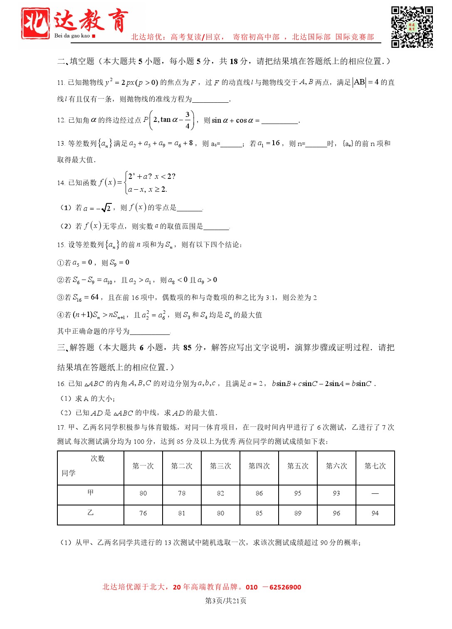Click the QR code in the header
tap(412, 27)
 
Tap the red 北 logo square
tap(36, 23)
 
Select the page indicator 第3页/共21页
tap(226, 600)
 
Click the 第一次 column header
tap(143, 466)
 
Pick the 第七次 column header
tap(375, 466)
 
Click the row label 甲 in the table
tap(91, 493)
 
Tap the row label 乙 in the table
tap(91, 513)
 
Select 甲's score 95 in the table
tap(298, 493)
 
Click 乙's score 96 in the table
tap(336, 513)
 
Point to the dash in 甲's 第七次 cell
tap(375, 493)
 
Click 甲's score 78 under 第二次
tap(182, 493)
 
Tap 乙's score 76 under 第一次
tap(143, 513)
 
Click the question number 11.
tap(61, 82)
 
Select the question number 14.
tap(61, 183)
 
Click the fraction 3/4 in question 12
tap(188, 120)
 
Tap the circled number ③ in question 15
tap(60, 297)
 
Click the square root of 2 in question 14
tap(106, 207)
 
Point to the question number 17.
tap(61, 427)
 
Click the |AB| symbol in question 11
tap(359, 82)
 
